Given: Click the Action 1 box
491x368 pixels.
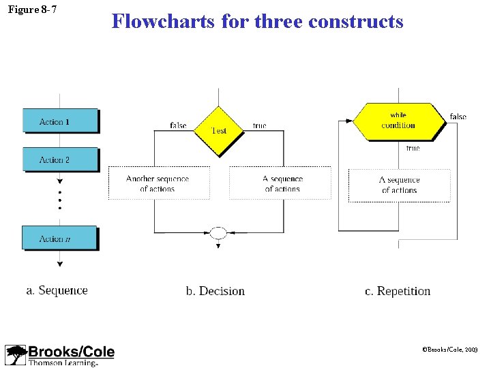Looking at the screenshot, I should tap(60, 121).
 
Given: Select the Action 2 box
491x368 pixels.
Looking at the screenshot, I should tap(60, 159).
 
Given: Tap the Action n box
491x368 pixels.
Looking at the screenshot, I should tap(59, 238).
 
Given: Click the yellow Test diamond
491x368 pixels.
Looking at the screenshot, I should tap(218, 129).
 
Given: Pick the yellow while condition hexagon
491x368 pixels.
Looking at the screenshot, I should tap(398, 121).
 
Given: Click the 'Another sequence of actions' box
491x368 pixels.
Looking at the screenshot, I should tap(158, 183).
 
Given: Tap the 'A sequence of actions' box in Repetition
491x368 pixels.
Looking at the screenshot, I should tap(399, 185).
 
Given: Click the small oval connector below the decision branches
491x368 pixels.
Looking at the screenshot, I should tap(218, 233).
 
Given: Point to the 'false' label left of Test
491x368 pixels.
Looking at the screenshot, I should tap(178, 125).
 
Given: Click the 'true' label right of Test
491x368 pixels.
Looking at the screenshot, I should tap(259, 125).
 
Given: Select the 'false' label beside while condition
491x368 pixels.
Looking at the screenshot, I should tap(458, 117).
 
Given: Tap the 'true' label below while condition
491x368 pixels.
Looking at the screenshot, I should tap(413, 148).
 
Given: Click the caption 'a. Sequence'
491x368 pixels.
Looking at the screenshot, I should tap(57, 290).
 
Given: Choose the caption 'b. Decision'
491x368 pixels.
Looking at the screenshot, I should tap(215, 291).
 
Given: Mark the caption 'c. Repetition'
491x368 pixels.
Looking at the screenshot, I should tap(398, 291).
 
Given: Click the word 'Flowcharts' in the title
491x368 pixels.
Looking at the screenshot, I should tap(164, 21).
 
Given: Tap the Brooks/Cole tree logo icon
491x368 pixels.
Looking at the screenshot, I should tap(15, 355).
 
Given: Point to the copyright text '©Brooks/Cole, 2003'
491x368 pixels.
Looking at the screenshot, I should tap(450, 348).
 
